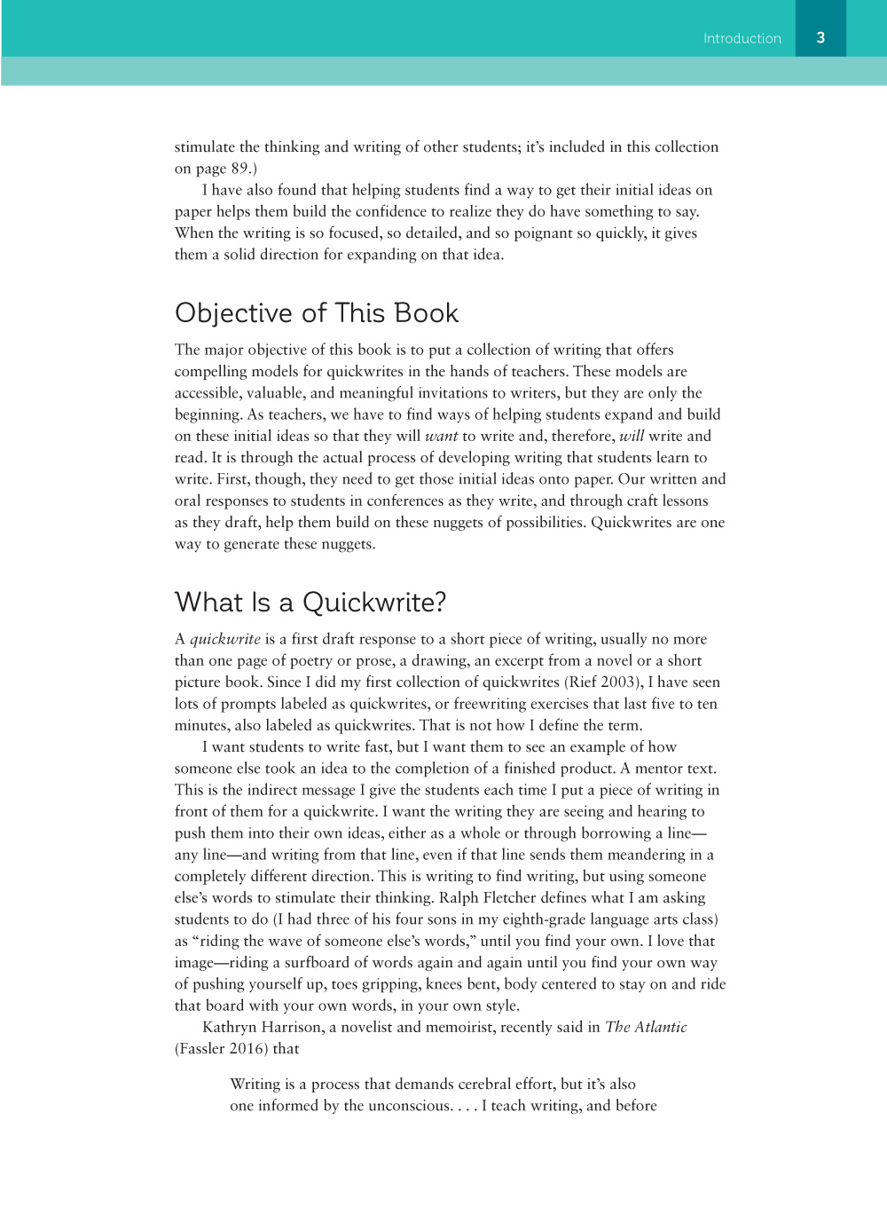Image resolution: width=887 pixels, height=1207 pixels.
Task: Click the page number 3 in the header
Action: pyautogui.click(x=820, y=37)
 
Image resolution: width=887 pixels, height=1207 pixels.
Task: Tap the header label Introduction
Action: pyautogui.click(x=742, y=38)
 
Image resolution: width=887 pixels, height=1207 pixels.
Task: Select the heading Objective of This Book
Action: pyautogui.click(x=317, y=313)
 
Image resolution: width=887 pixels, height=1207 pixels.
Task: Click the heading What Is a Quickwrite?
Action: pyautogui.click(x=310, y=603)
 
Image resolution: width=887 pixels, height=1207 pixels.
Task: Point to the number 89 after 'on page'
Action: pyautogui.click(x=240, y=169)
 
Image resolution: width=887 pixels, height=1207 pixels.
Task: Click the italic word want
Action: pyautogui.click(x=441, y=436)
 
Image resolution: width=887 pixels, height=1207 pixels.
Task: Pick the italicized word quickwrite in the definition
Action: pyautogui.click(x=225, y=639)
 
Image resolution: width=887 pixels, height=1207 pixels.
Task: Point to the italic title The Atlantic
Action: pyautogui.click(x=646, y=1027)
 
